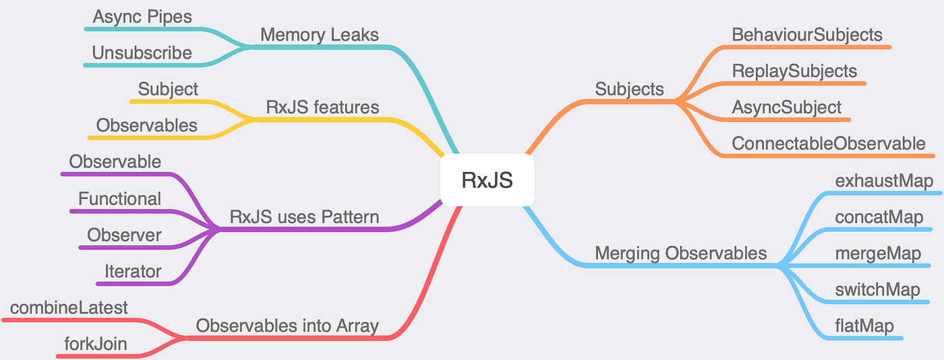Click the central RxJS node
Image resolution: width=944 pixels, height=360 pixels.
tap(487, 181)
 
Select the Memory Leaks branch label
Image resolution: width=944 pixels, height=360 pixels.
tap(319, 34)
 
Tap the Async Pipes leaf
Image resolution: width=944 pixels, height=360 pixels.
tap(142, 17)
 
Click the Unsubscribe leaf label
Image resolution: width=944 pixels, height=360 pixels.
tap(142, 53)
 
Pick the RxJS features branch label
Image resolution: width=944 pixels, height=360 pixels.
tap(322, 107)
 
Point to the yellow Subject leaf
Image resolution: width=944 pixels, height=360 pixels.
tap(168, 89)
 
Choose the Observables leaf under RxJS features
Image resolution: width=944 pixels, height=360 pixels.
tap(146, 125)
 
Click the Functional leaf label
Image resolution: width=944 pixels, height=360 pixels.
tap(119, 199)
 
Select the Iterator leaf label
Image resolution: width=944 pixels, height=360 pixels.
tap(133, 272)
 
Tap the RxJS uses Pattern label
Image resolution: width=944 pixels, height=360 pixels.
tap(304, 217)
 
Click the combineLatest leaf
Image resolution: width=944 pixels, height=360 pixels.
tap(69, 307)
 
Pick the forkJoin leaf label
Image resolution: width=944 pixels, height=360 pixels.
tap(95, 345)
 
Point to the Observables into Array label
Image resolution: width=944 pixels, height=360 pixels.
tap(287, 326)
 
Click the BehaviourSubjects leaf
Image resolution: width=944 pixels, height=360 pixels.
tap(806, 34)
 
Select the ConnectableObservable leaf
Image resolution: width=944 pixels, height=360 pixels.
tap(829, 144)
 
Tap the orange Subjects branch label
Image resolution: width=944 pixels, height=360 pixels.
tap(629, 89)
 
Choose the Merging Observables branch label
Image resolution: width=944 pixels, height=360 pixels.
tap(680, 253)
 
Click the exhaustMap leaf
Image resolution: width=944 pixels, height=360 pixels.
tap(883, 181)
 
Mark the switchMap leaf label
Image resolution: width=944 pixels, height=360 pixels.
tap(877, 290)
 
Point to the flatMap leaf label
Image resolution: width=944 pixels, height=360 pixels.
tap(864, 326)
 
